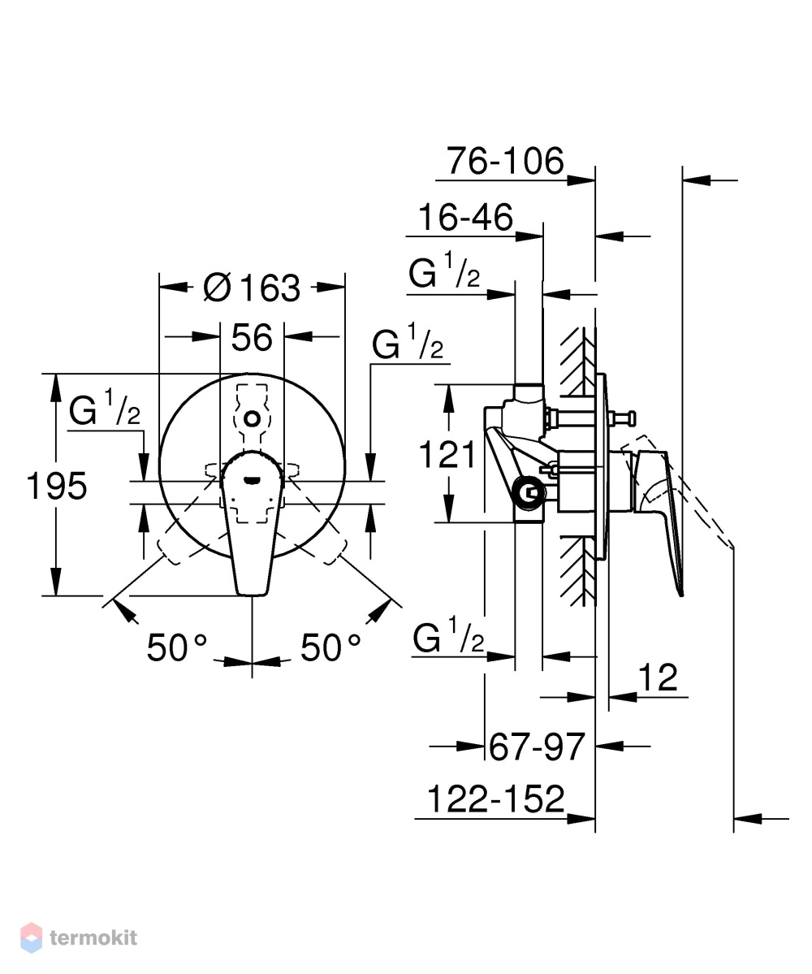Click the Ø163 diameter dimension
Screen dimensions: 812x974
click(x=252, y=288)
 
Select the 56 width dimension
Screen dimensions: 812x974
click(x=252, y=338)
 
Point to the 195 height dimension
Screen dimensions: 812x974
click(x=57, y=486)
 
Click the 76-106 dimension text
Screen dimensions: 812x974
click(x=505, y=161)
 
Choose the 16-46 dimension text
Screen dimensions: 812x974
click(x=465, y=218)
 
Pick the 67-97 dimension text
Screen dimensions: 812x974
click(x=537, y=747)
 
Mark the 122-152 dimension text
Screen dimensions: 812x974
click(x=496, y=799)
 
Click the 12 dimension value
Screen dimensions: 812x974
click(x=658, y=677)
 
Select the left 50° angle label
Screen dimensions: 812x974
click(x=177, y=648)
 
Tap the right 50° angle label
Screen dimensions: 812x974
click(x=330, y=648)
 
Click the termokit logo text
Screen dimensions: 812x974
click(x=93, y=937)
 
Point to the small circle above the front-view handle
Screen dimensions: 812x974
click(x=252, y=418)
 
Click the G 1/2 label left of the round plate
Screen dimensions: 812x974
click(x=105, y=408)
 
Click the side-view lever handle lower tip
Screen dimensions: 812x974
click(x=681, y=592)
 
